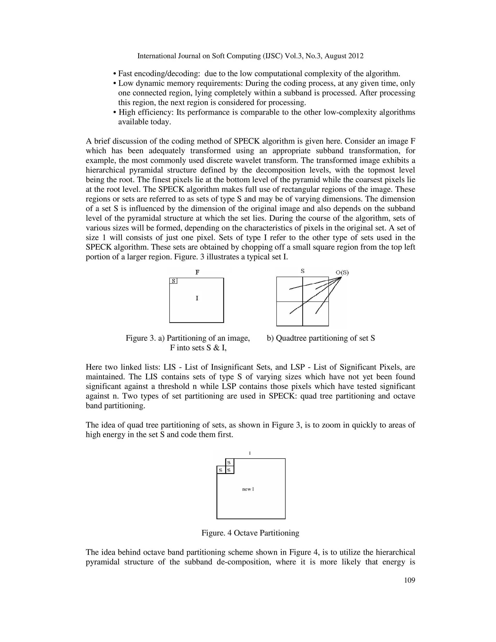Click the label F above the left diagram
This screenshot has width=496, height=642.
tap(197, 272)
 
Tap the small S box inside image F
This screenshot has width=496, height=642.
tap(173, 281)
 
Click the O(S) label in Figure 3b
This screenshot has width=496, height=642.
tap(342, 273)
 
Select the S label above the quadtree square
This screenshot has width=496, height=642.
tap(302, 271)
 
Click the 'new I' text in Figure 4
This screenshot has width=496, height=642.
tap(248, 489)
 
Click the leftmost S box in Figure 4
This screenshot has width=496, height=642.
tap(221, 470)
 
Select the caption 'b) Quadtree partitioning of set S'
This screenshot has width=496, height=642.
tap(321, 338)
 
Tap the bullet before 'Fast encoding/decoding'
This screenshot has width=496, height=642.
tap(115, 74)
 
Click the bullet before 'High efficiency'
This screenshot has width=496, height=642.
tap(115, 113)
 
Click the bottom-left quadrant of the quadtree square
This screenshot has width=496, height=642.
tap(289, 314)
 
